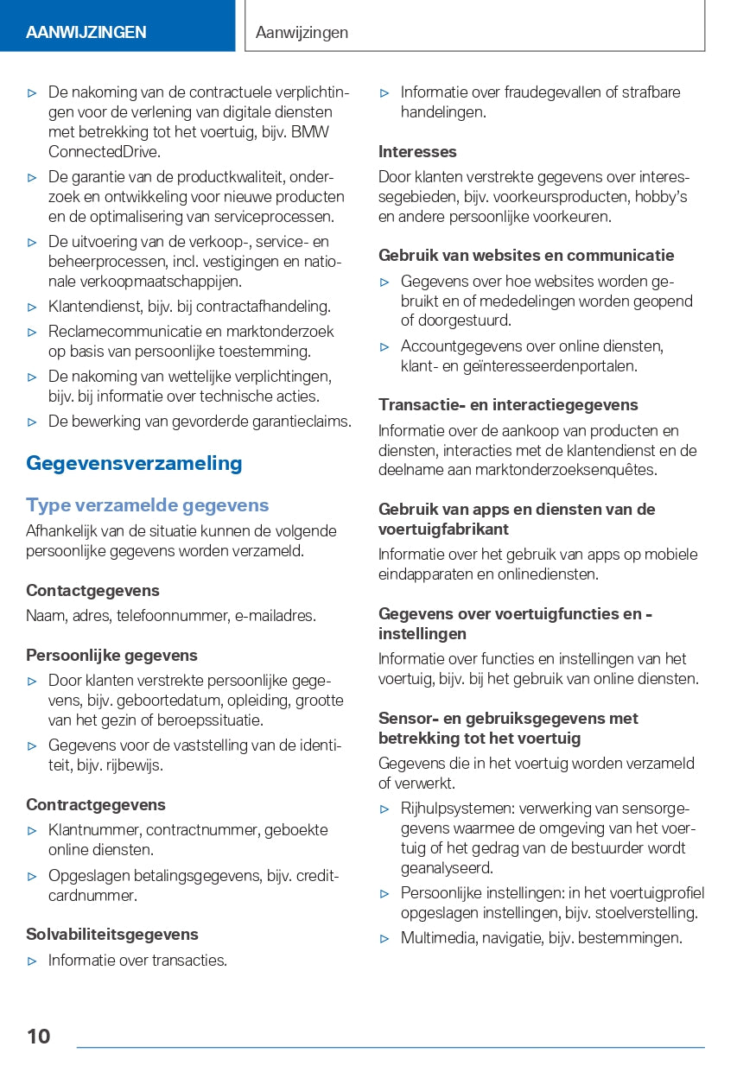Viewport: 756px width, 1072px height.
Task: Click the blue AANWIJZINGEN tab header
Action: pos(86,33)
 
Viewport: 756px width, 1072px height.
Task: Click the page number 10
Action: pos(38,1036)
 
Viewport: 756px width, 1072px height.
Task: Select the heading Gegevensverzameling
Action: pos(134,463)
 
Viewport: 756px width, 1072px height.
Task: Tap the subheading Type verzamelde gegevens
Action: pos(147,505)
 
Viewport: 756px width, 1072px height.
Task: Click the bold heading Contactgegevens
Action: pos(92,591)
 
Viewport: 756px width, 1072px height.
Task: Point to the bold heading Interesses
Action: pos(417,152)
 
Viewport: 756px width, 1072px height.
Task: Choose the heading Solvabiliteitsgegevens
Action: pos(112,935)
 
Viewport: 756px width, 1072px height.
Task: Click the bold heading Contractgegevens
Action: pos(96,805)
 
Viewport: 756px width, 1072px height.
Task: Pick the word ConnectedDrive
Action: pos(104,152)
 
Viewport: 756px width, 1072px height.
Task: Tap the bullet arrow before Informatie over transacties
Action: pos(32,961)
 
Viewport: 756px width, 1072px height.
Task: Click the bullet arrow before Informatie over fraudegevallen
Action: pos(384,92)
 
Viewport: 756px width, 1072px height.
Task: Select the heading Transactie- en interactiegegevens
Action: pos(508,405)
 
